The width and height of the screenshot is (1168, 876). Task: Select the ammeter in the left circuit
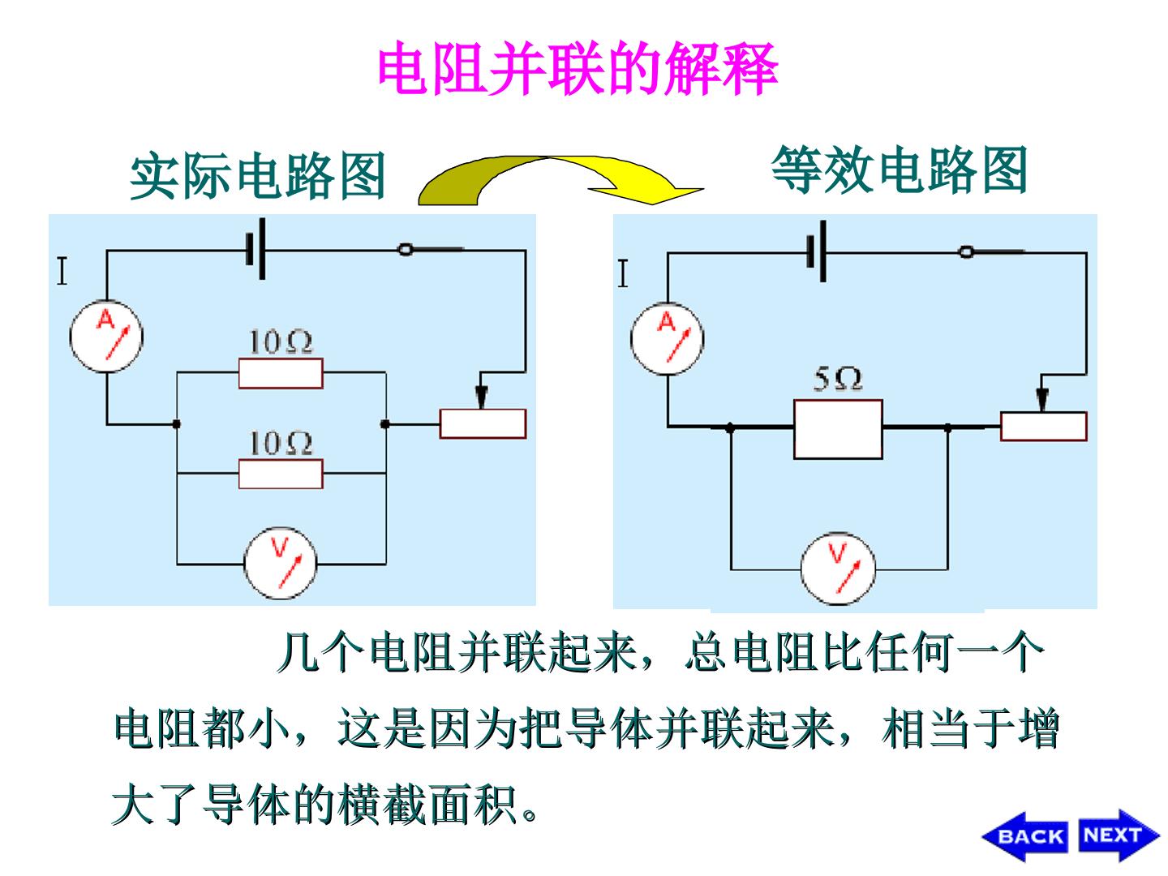tap(106, 337)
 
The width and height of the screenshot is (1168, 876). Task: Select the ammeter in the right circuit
tap(668, 339)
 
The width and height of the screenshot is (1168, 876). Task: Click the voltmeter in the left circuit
tap(281, 564)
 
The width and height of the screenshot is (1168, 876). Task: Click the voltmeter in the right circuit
tap(838, 569)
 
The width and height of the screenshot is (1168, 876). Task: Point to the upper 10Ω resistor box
tap(281, 373)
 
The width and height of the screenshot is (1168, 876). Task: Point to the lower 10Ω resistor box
tap(281, 474)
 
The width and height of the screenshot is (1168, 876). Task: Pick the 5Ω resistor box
tap(838, 429)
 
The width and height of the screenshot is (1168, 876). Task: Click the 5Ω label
tap(838, 380)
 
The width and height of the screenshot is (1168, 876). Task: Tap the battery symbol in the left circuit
tap(256, 249)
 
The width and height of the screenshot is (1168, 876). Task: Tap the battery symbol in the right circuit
tap(817, 251)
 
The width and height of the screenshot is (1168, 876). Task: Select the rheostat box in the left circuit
tap(483, 424)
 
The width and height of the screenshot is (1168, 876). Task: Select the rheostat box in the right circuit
tap(1043, 427)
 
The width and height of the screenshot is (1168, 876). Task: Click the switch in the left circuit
tap(431, 249)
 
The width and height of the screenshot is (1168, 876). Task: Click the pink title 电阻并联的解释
tap(578, 69)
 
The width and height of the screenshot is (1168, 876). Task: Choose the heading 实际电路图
tap(258, 175)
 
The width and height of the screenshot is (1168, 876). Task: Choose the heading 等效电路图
tap(900, 170)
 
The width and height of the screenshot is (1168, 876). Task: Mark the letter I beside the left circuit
tap(62, 271)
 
